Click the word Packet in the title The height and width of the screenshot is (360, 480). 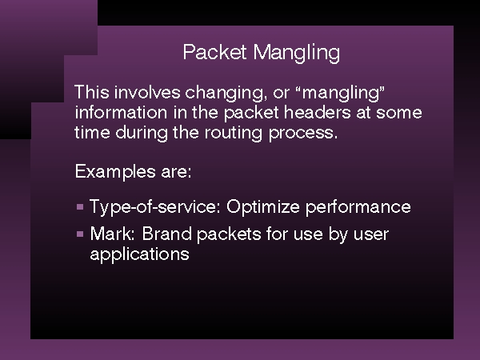[x=214, y=52]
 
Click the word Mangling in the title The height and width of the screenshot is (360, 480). [x=296, y=54]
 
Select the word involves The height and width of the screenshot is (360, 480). [x=147, y=92]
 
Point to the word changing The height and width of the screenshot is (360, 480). [x=224, y=93]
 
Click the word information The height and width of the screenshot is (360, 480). [x=122, y=112]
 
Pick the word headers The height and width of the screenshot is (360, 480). [x=317, y=112]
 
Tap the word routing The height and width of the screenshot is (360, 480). [x=234, y=133]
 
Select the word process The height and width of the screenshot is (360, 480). [x=303, y=134]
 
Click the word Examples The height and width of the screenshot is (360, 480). [x=115, y=172]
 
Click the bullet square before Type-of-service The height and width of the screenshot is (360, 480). [x=80, y=207]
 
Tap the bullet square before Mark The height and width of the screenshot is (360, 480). [x=80, y=234]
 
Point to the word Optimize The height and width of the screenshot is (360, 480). [x=263, y=206]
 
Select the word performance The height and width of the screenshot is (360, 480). [x=358, y=207]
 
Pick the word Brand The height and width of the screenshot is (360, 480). [x=167, y=234]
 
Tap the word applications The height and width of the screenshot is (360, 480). [x=139, y=254]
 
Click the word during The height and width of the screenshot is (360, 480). [x=142, y=133]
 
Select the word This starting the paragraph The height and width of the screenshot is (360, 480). [x=92, y=92]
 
